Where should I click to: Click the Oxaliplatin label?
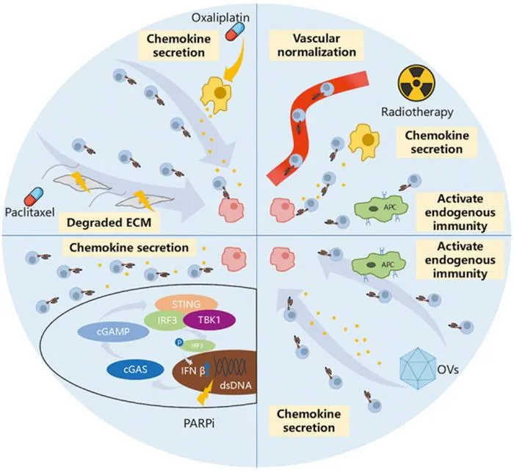pyautogui.click(x=220, y=17)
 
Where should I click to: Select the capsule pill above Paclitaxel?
pyautogui.click(x=34, y=197)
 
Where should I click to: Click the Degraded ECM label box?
pyautogui.click(x=109, y=223)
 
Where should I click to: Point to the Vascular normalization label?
pyautogui.click(x=316, y=46)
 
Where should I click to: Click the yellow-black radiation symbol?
pyautogui.click(x=416, y=83)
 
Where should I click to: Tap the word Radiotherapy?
pyautogui.click(x=417, y=112)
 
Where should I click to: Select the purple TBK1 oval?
pyautogui.click(x=209, y=319)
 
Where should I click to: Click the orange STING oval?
pyautogui.click(x=186, y=304)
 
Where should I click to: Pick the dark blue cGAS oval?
pyautogui.click(x=135, y=369)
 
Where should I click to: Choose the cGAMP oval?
pyautogui.click(x=113, y=332)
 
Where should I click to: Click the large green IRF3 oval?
pyautogui.click(x=167, y=320)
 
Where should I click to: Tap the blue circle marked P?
pyautogui.click(x=179, y=342)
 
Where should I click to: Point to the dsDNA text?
pyautogui.click(x=236, y=385)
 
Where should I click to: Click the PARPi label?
pyautogui.click(x=199, y=424)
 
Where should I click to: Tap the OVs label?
pyautogui.click(x=448, y=370)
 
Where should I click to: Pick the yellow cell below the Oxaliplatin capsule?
pyautogui.click(x=216, y=93)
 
